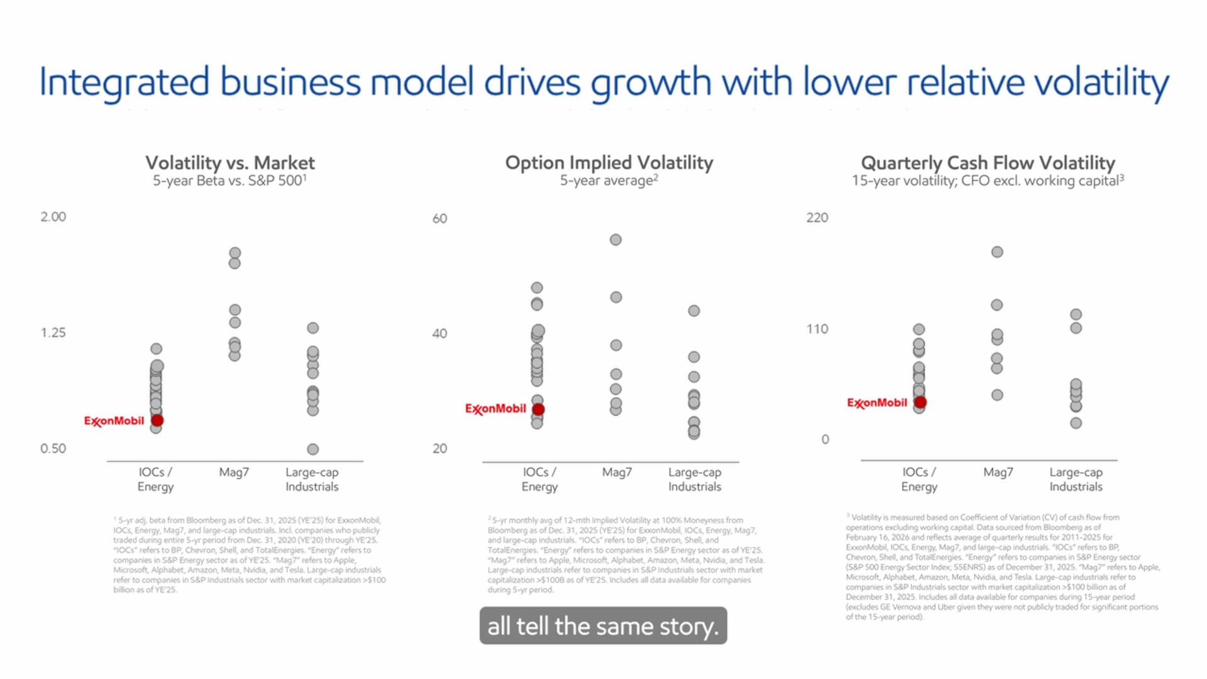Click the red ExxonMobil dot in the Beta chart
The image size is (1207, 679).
(157, 421)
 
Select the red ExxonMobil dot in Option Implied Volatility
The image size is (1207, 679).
(538, 409)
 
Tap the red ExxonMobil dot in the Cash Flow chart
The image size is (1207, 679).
(920, 402)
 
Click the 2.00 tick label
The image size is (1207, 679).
(53, 217)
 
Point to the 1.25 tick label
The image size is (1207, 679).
(53, 333)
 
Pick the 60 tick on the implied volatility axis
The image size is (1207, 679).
(439, 219)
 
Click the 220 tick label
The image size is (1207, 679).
(817, 218)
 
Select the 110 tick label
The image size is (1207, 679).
(817, 329)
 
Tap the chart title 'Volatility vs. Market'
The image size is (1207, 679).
(230, 163)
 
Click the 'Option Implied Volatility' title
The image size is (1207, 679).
(609, 163)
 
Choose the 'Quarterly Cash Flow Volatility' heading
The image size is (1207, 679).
(988, 163)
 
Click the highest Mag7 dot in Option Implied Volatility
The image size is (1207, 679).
(615, 240)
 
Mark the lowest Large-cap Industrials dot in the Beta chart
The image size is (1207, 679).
(312, 449)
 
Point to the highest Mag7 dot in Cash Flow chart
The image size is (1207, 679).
(997, 252)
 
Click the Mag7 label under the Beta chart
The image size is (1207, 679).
(234, 472)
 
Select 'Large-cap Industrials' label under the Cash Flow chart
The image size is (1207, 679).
(1076, 479)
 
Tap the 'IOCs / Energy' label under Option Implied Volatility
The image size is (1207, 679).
(539, 479)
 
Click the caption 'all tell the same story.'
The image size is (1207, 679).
(603, 626)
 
